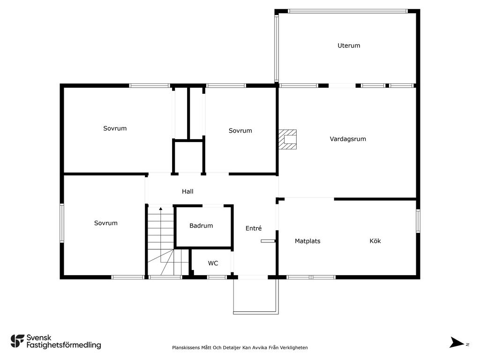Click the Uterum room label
click(349, 45)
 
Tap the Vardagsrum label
click(348, 139)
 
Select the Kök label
click(375, 241)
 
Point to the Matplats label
click(307, 241)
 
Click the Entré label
click(254, 228)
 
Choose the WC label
click(213, 263)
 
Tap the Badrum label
click(201, 225)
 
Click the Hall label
click(187, 192)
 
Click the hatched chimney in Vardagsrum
click(287, 139)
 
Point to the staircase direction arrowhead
click(161, 209)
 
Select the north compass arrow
click(457, 343)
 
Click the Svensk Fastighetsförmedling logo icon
click(17, 341)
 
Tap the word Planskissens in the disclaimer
click(186, 348)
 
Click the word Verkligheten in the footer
click(294, 347)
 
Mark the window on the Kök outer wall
click(418, 221)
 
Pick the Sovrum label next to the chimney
click(240, 131)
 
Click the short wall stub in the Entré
click(268, 241)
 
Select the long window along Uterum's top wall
click(347, 11)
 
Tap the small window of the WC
click(217, 277)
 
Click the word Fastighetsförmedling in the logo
click(64, 345)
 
